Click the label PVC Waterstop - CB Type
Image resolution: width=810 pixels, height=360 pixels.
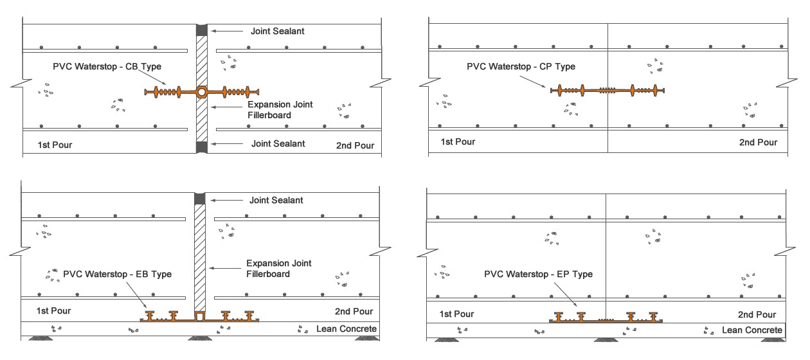pyautogui.click(x=108, y=67)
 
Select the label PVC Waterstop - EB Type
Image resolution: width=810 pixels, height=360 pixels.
pyautogui.click(x=118, y=274)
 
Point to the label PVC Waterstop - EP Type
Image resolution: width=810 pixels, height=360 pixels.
pyautogui.click(x=538, y=274)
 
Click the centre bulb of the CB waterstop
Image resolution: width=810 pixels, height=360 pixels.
pyautogui.click(x=202, y=93)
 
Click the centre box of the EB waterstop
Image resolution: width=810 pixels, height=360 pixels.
pyautogui.click(x=199, y=316)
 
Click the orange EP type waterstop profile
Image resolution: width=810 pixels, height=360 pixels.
pyautogui.click(x=607, y=318)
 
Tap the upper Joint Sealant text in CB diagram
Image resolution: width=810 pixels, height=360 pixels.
pyautogui.click(x=277, y=31)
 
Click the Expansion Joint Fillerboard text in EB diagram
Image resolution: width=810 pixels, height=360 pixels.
pyautogui.click(x=280, y=269)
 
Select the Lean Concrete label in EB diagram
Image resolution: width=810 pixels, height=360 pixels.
pyautogui.click(x=346, y=330)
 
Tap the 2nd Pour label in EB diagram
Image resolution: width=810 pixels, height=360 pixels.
pyautogui.click(x=354, y=312)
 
